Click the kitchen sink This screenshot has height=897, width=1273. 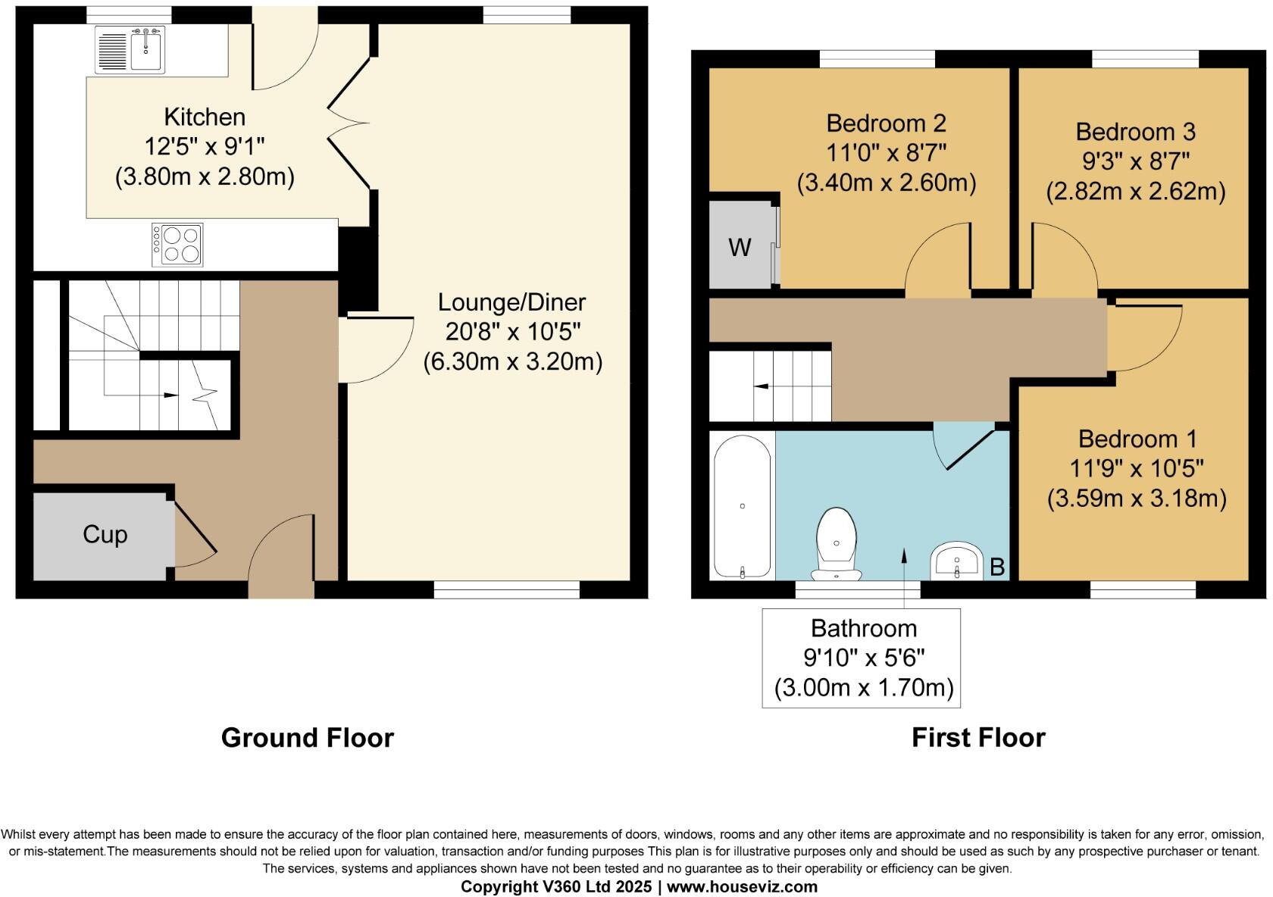(130, 49)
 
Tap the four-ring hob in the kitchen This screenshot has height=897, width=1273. (178, 245)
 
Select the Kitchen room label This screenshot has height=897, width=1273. (205, 117)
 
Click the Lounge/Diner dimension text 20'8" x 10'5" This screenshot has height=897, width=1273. (512, 332)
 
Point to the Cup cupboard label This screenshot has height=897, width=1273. (105, 535)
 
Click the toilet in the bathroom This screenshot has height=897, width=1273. (837, 544)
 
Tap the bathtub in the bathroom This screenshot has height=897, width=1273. (743, 506)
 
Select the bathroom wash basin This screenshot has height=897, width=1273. (956, 562)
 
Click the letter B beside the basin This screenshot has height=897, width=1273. (997, 567)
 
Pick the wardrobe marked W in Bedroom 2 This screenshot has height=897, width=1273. (740, 247)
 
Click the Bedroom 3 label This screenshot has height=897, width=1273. (1135, 132)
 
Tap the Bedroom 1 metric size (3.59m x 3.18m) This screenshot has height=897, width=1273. (1137, 499)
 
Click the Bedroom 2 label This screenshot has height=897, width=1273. (886, 123)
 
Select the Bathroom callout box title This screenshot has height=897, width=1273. (863, 628)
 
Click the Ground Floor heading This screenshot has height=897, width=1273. (307, 737)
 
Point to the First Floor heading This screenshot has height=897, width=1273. (977, 737)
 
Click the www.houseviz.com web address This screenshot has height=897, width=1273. (742, 886)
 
